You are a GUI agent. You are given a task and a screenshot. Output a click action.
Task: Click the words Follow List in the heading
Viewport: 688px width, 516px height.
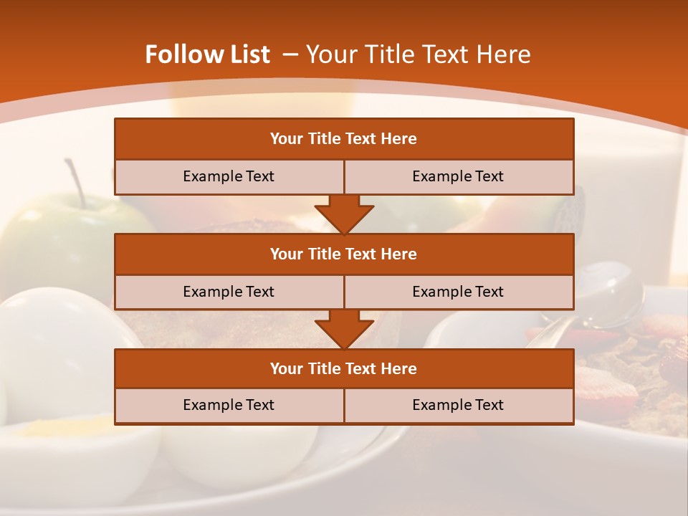coord(207,54)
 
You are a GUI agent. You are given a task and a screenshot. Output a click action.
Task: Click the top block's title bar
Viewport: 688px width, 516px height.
coord(344,139)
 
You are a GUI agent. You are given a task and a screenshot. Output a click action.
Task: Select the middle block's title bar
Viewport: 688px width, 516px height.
coord(344,254)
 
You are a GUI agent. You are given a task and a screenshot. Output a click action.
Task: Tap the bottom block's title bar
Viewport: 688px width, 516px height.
coord(344,368)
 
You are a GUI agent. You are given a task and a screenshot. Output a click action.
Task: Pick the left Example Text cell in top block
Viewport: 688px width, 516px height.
coord(229,176)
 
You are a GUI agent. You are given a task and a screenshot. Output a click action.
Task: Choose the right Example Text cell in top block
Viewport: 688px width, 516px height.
coord(459,176)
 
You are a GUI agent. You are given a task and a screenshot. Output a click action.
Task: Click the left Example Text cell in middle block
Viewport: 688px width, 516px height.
coord(229,292)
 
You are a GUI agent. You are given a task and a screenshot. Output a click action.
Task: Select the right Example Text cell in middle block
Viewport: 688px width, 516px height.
coord(459,292)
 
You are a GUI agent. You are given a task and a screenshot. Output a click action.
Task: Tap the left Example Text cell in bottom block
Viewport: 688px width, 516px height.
coord(229,405)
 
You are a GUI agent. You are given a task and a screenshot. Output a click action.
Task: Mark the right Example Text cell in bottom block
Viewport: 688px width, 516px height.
coord(459,405)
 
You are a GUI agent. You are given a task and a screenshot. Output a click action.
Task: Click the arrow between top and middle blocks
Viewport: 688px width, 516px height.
coord(344,214)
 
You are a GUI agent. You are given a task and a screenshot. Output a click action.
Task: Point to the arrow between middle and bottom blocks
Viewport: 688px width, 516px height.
coord(344,329)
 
